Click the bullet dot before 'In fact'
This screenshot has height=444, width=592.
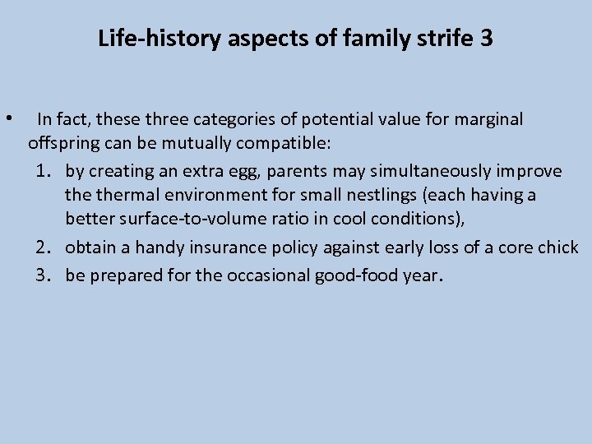coord(7,118)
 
